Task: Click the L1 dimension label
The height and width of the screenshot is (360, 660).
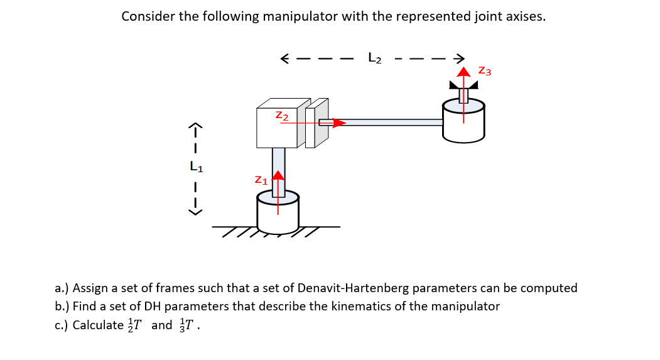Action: coord(197,167)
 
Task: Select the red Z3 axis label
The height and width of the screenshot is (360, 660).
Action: coord(484,71)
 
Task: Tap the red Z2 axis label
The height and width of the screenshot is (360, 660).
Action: coord(282,116)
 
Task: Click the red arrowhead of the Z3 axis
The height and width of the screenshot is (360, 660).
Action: coord(463,72)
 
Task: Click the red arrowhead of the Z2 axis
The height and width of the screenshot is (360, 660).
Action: coord(338,123)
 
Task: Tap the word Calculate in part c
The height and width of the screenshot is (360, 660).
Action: coord(98,325)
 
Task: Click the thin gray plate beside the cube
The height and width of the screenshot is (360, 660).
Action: coord(321,123)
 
